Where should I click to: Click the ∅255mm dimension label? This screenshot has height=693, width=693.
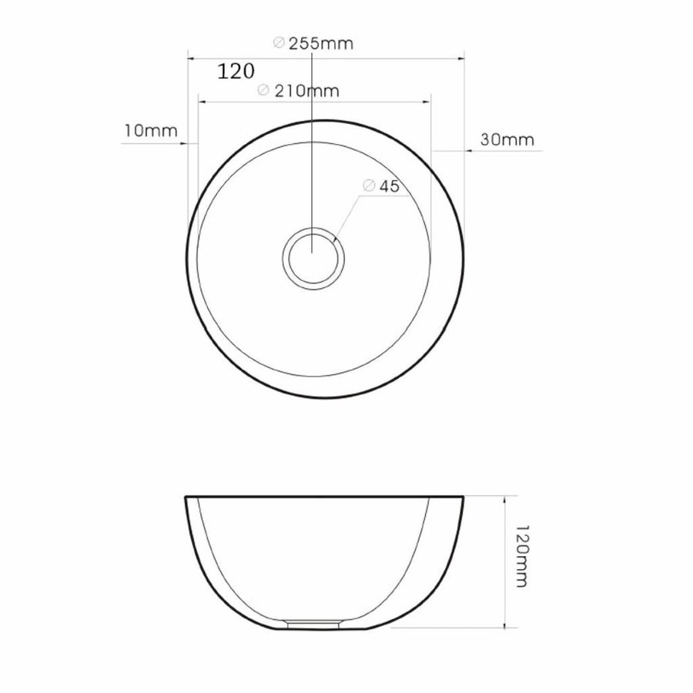tap(313, 44)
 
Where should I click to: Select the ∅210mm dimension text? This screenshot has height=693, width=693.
tap(299, 91)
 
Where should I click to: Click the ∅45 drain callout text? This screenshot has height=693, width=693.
tap(379, 186)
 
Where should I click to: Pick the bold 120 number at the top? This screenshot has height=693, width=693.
tap(236, 72)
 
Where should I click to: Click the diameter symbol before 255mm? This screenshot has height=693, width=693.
tap(279, 44)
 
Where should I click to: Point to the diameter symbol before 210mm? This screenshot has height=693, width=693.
tap(263, 91)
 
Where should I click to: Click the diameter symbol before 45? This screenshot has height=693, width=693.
tap(367, 186)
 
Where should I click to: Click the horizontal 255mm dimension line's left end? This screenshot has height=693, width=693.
tap(189, 56)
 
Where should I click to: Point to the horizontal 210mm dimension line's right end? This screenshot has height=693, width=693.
tap(430, 101)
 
